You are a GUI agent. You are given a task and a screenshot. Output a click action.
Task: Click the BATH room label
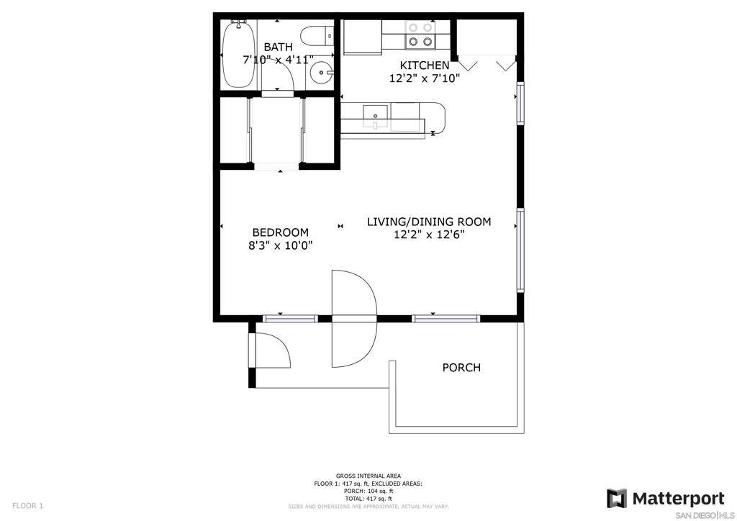(x=278, y=47)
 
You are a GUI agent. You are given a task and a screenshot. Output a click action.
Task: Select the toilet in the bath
(x=317, y=36)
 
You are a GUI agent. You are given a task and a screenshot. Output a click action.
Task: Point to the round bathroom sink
(x=322, y=73)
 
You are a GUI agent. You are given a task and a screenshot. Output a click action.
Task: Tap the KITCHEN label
(x=425, y=65)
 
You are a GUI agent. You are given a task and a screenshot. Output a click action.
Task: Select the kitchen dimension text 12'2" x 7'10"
(x=425, y=78)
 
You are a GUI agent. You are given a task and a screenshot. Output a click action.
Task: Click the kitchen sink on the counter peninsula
(x=375, y=116)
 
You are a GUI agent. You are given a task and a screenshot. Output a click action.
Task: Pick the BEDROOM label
(x=281, y=232)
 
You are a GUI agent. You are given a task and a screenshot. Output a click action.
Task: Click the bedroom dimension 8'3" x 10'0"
(x=281, y=245)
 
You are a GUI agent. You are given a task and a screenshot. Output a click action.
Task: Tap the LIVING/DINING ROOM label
(x=429, y=221)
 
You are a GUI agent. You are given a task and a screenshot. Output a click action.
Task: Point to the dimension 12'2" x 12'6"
(x=429, y=234)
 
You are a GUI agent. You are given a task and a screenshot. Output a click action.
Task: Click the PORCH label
(x=461, y=368)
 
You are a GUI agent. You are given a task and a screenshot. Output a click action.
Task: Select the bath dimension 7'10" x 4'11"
(x=278, y=60)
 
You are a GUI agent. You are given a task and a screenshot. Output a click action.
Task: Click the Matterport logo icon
(x=617, y=499)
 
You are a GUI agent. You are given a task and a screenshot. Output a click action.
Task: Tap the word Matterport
(x=679, y=499)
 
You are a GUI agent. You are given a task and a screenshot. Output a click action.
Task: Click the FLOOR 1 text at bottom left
(x=27, y=506)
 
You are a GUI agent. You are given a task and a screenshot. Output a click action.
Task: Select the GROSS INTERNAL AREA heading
(x=368, y=476)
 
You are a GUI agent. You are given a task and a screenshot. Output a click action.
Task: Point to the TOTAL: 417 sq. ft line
(x=368, y=499)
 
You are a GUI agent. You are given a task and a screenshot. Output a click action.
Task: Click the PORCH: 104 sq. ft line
(x=368, y=491)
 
